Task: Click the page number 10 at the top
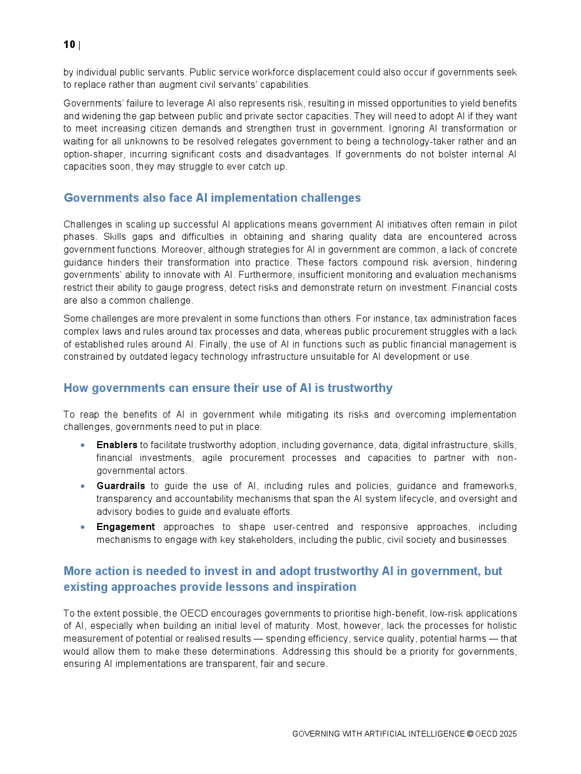pyautogui.click(x=69, y=44)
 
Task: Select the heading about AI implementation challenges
pyautogui.click(x=212, y=198)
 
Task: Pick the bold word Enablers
pyautogui.click(x=117, y=445)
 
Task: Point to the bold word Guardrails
pyautogui.click(x=121, y=486)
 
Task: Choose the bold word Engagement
pyautogui.click(x=125, y=527)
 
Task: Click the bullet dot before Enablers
pyautogui.click(x=83, y=445)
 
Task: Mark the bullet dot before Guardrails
pyautogui.click(x=83, y=486)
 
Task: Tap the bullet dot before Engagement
pyautogui.click(x=83, y=527)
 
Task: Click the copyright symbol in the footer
pyautogui.click(x=470, y=734)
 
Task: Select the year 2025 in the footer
pyautogui.click(x=508, y=734)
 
